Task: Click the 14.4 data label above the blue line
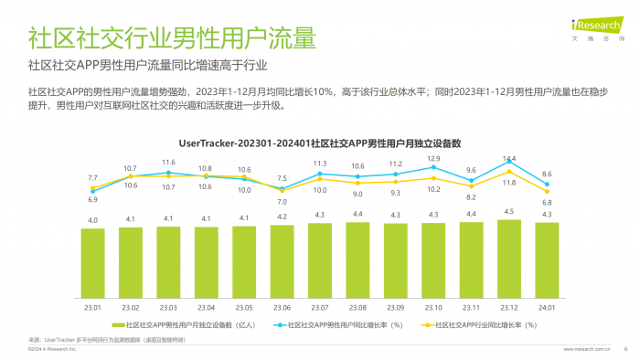509,159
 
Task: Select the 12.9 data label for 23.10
433,159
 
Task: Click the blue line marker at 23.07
320,175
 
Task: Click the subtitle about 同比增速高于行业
148,66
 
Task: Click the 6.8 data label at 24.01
547,203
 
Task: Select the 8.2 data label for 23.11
471,197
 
